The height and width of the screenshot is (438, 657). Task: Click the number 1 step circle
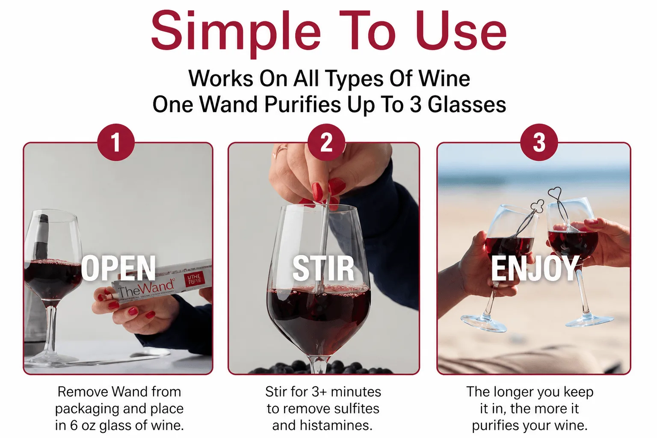pos(116,142)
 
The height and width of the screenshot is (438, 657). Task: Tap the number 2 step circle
pos(326,142)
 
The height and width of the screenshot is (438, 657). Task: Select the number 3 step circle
pos(539,142)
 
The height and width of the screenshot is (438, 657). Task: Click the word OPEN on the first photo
pos(118,268)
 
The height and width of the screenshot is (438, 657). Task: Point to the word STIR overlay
pos(323,268)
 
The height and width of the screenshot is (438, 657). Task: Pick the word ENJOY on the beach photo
pos(535,268)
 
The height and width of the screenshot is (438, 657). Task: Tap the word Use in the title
pos(461,30)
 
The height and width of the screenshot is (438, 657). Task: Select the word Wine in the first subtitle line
pos(444,78)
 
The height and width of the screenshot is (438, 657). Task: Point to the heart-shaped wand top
pos(555,192)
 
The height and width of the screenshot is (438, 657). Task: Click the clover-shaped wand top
pos(538,206)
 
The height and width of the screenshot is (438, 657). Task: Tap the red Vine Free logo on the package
pos(194,279)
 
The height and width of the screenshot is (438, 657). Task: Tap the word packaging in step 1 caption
pos(87,409)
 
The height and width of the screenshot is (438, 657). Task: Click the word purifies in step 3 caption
pos(495,426)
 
